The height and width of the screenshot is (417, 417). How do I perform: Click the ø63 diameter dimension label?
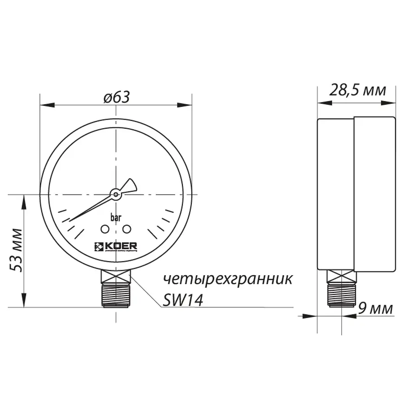click(x=116, y=97)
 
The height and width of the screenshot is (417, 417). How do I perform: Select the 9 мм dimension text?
click(x=375, y=309)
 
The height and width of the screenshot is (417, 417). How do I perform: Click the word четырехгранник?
click(x=227, y=279)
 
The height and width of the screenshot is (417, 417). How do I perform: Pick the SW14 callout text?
click(x=183, y=301)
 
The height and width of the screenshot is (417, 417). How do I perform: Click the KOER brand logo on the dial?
click(x=115, y=246)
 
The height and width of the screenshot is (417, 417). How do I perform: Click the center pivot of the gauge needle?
click(x=115, y=196)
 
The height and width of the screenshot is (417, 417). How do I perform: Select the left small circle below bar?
click(x=105, y=229)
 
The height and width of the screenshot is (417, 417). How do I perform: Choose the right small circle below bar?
click(x=126, y=229)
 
